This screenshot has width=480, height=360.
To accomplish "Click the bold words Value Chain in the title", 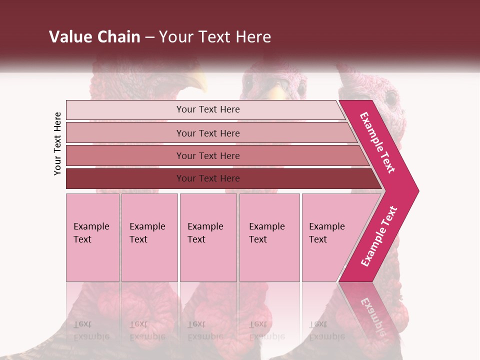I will (x=94, y=37).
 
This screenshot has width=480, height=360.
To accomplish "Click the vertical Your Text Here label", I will (x=58, y=143).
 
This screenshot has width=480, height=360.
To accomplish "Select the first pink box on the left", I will (x=92, y=237).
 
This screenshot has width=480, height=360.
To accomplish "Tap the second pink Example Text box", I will (x=149, y=237).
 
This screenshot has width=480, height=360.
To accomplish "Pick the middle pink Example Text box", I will (x=208, y=237).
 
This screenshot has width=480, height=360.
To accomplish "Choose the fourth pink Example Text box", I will (x=269, y=237).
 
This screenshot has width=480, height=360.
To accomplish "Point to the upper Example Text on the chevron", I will (x=377, y=142).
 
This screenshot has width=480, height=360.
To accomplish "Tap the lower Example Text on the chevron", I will (x=379, y=236).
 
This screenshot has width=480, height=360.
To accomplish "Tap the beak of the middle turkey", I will (x=276, y=93).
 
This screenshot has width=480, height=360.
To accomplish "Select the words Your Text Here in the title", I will (x=215, y=37).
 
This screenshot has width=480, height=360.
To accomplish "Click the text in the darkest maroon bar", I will (x=208, y=178).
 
